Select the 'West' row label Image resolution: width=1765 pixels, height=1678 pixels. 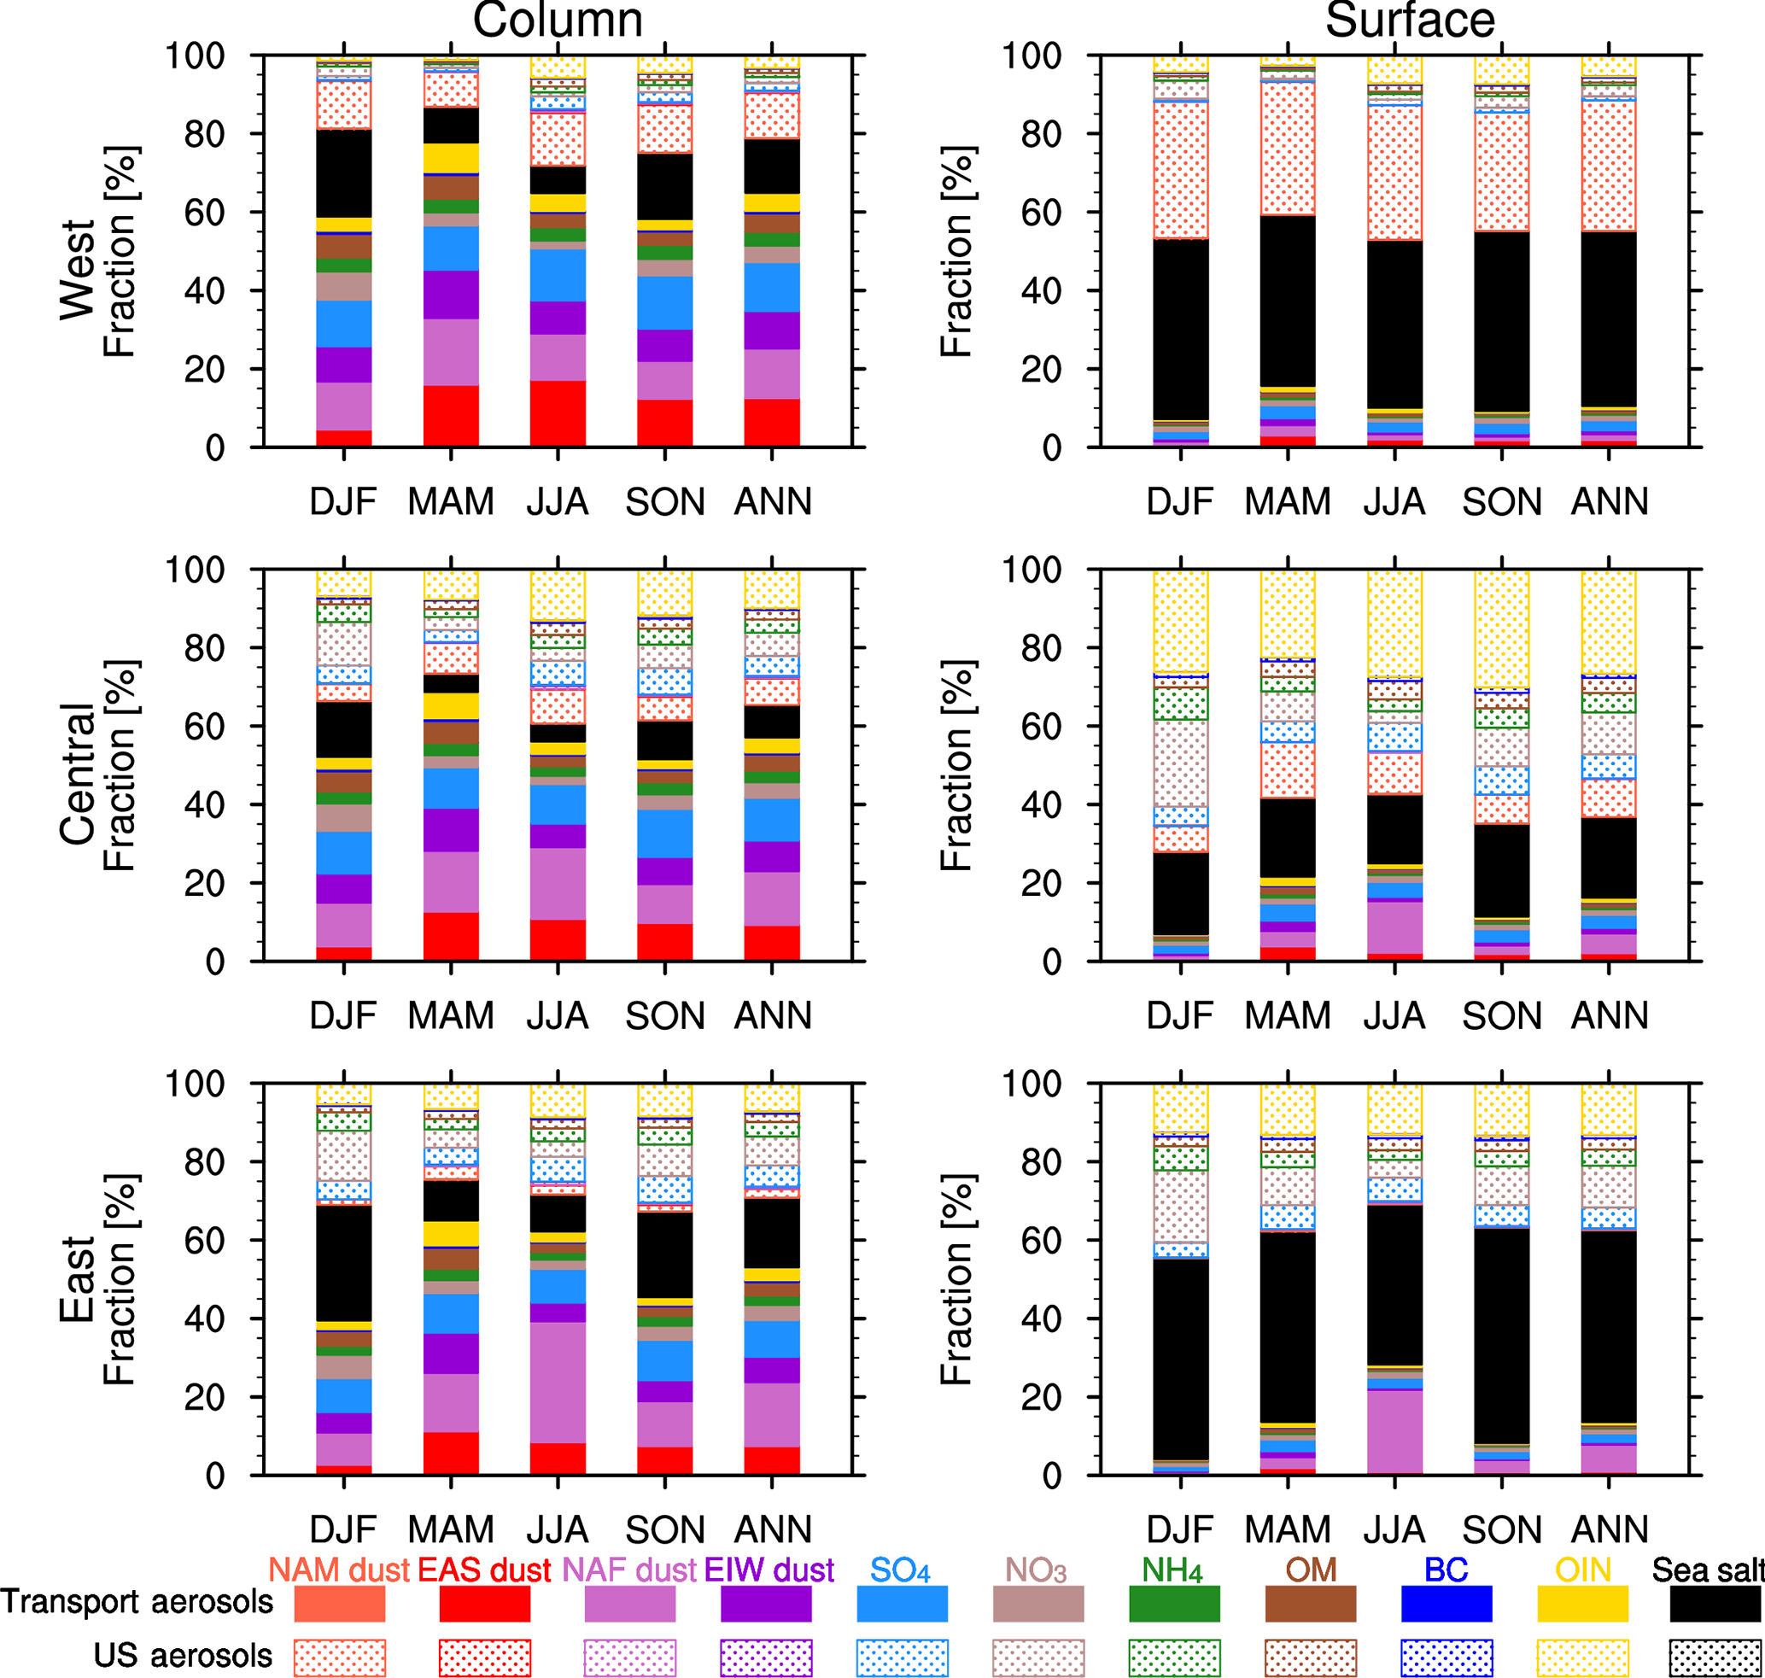point(78,269)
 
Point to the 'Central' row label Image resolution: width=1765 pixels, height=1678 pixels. point(78,774)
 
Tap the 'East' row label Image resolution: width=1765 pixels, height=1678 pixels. point(78,1280)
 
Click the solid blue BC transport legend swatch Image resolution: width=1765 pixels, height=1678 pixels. point(1446,1604)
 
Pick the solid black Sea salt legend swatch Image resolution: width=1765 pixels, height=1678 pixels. point(1715,1604)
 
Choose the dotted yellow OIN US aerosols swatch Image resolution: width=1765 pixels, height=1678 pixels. point(1582,1658)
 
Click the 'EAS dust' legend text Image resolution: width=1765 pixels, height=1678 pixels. point(484,1570)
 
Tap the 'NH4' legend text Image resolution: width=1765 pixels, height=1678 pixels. point(1172,1570)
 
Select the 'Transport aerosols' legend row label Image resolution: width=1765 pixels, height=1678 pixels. point(137,1602)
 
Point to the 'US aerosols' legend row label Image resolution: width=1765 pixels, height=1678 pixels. point(183,1656)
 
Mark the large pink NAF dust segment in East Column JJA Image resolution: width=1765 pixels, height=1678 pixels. point(558,1382)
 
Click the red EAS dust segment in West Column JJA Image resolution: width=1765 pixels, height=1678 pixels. point(558,413)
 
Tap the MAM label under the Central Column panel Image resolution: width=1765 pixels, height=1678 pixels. point(451,1016)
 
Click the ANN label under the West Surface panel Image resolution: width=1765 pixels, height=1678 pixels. point(1610,502)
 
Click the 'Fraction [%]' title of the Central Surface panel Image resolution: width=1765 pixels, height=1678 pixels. point(956,766)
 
